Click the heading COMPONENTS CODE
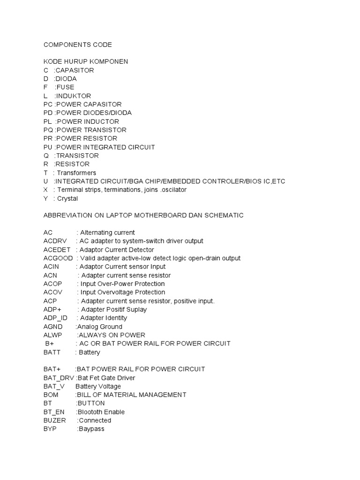[x=78, y=45]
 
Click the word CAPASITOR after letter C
[x=75, y=70]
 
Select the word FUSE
[x=65, y=87]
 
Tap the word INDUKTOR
[x=73, y=96]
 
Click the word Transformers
[x=76, y=173]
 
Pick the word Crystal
[x=67, y=199]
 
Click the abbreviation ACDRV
[x=55, y=241]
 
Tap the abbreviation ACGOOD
[x=58, y=258]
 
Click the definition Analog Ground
[x=99, y=327]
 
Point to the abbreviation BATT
[x=52, y=352]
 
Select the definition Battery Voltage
[x=98, y=387]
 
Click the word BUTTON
[x=91, y=404]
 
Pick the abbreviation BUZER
[x=55, y=420]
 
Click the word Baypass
[x=91, y=429]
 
